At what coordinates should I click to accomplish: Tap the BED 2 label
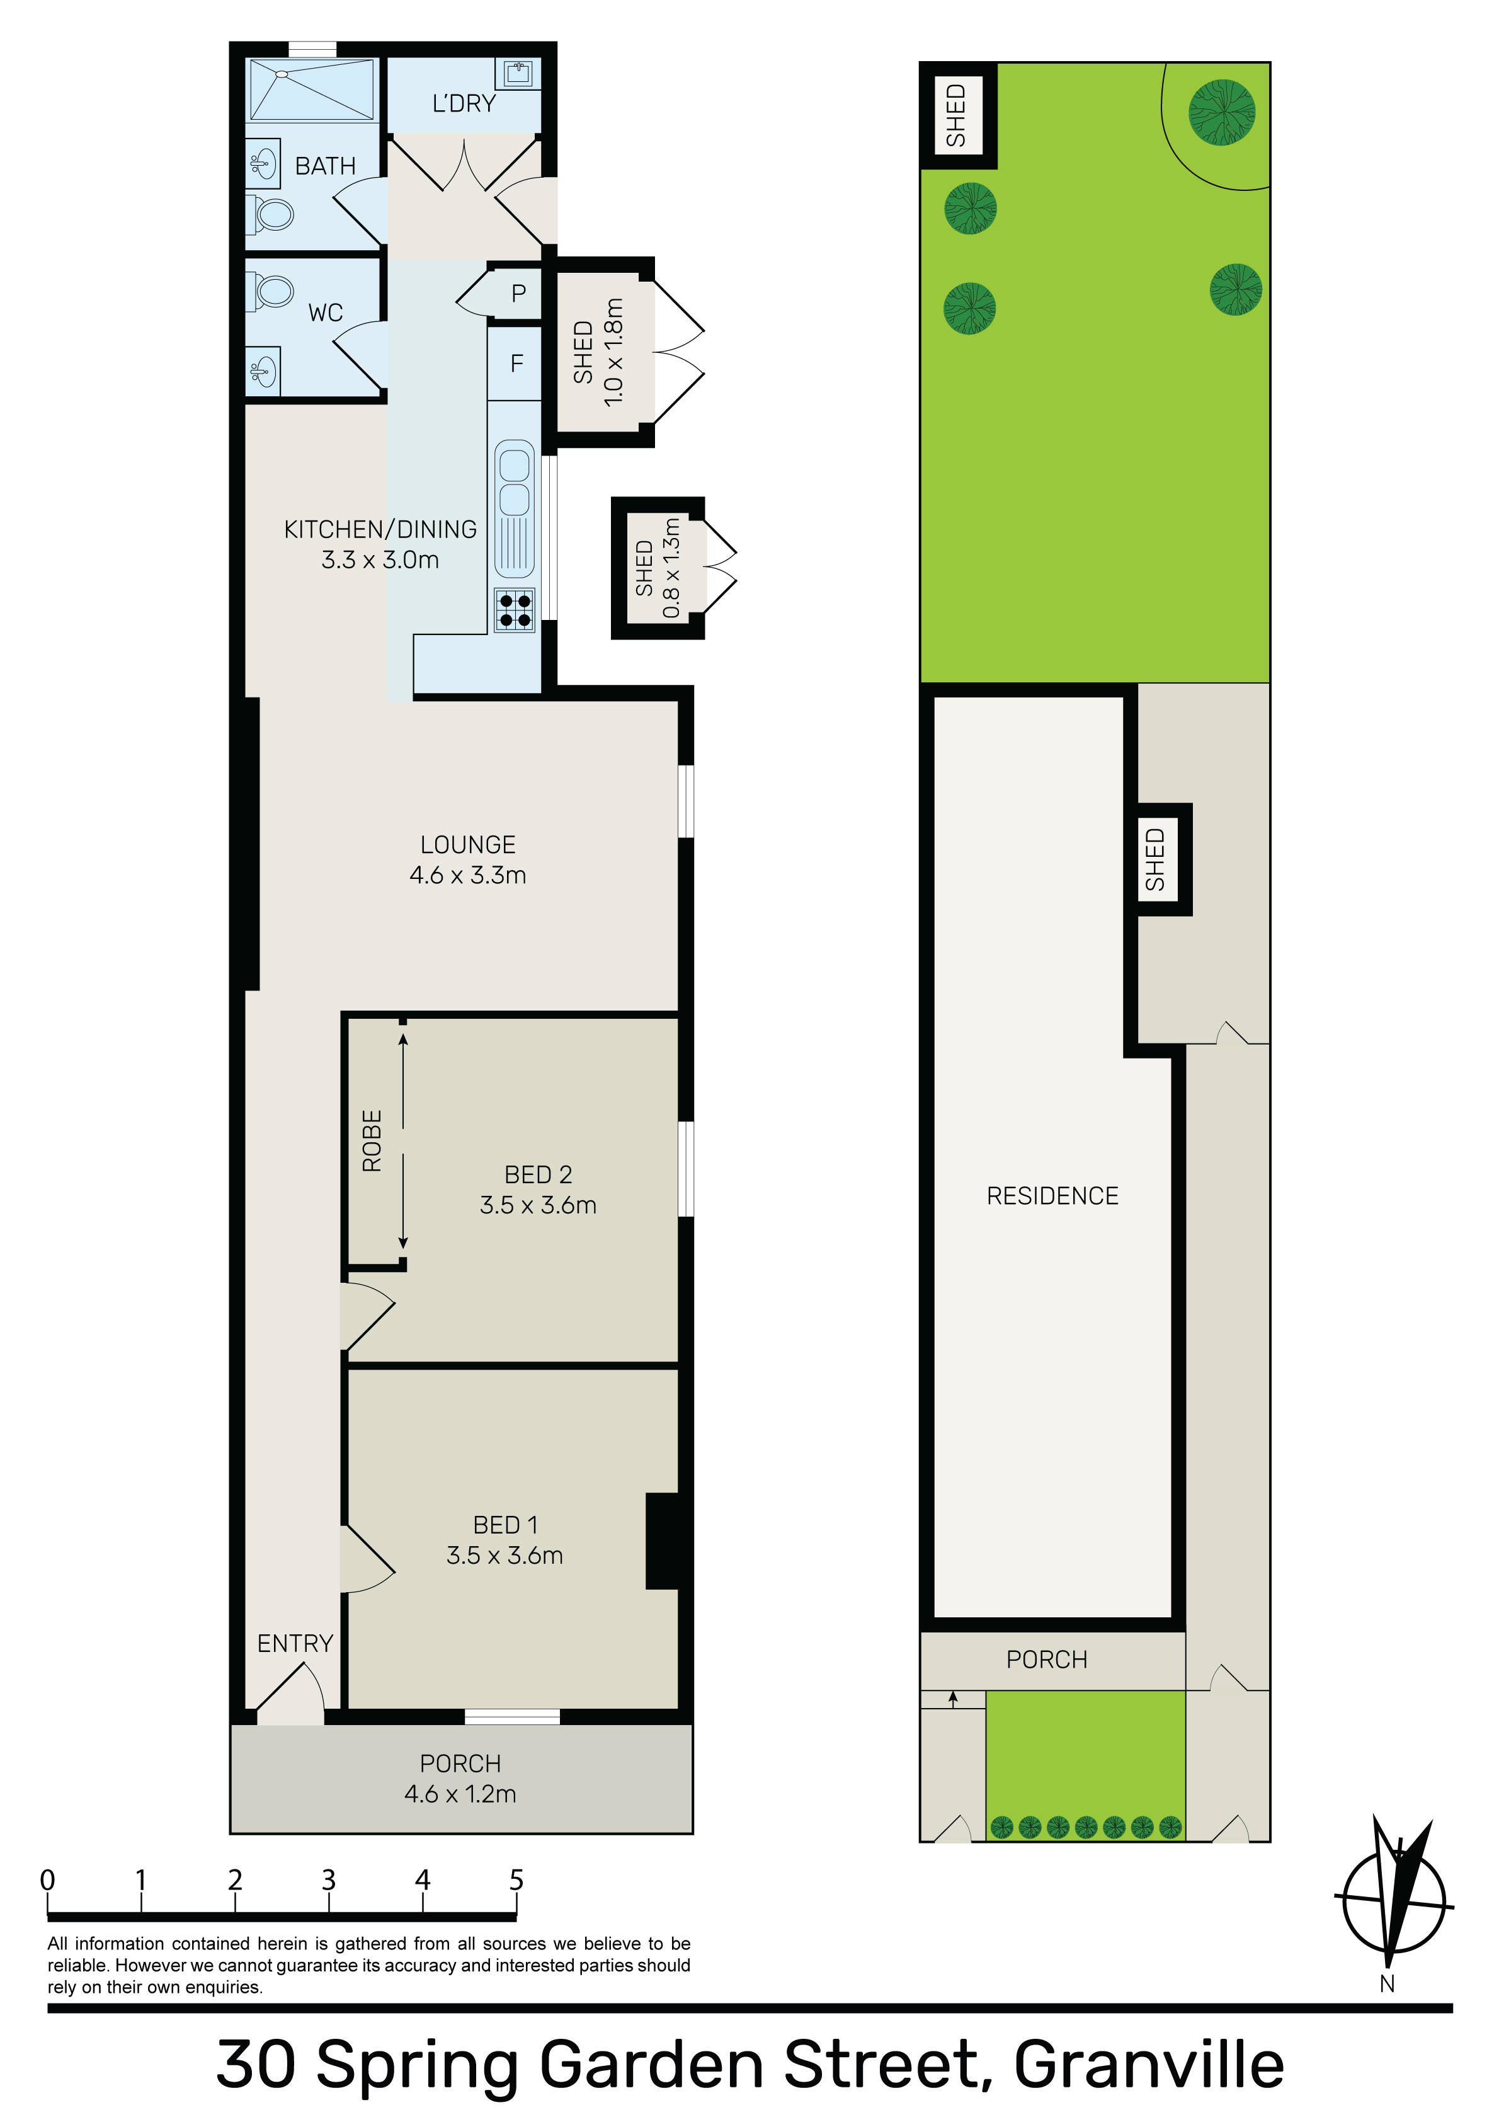(x=538, y=1174)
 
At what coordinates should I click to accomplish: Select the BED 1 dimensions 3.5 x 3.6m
(x=504, y=1556)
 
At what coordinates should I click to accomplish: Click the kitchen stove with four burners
(x=515, y=610)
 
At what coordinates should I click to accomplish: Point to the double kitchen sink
(x=515, y=478)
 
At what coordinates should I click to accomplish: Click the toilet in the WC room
(x=271, y=289)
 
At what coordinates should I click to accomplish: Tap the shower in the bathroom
(x=312, y=89)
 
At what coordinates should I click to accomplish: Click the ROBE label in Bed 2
(x=372, y=1142)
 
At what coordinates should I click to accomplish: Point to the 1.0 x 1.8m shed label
(x=613, y=352)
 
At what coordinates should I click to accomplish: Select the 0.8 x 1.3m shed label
(x=672, y=568)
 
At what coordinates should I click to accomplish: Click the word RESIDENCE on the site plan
(x=1052, y=1196)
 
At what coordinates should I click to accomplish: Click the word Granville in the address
(x=1149, y=2065)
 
